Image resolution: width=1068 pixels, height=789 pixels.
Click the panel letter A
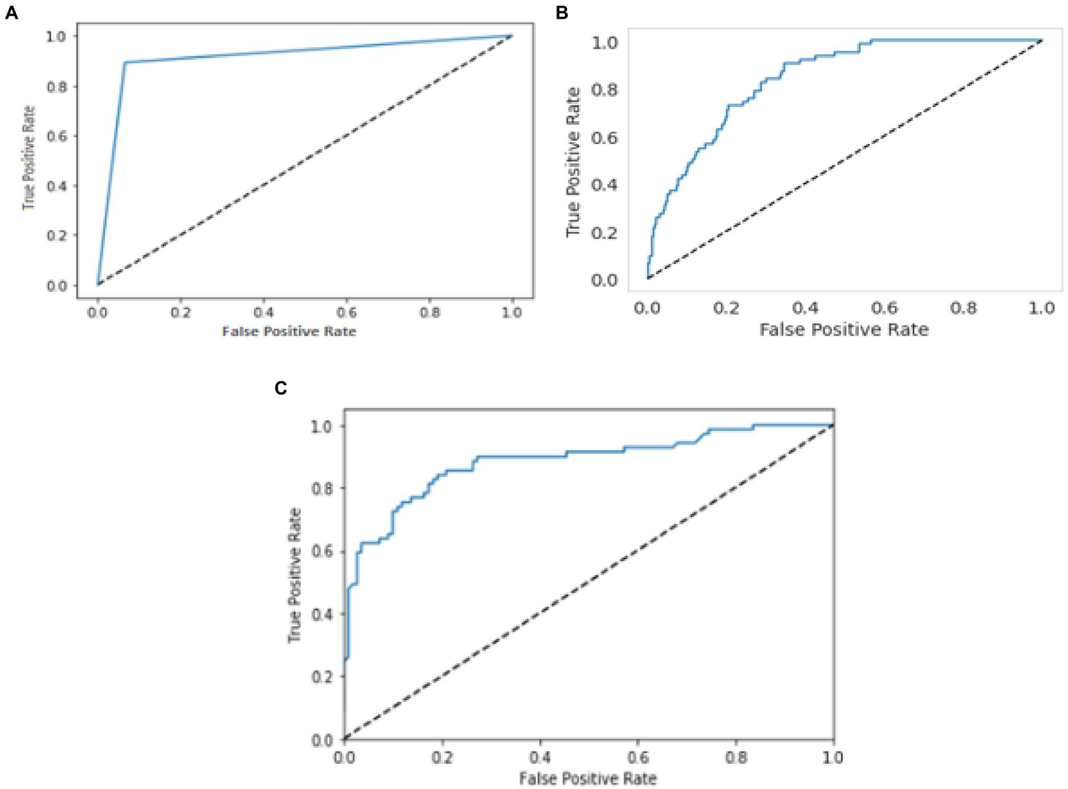coord(11,13)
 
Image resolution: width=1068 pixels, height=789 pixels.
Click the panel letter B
coord(562,13)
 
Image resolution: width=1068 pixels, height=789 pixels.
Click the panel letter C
coord(280,388)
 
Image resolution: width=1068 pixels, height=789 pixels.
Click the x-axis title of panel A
coord(289,332)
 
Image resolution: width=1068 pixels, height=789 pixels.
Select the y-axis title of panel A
coord(29,158)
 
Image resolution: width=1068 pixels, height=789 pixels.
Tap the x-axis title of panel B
coord(843,330)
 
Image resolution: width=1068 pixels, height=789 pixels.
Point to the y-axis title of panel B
coord(573,162)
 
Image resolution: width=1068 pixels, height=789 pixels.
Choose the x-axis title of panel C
coord(588,779)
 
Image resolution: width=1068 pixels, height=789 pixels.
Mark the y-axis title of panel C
coord(295,576)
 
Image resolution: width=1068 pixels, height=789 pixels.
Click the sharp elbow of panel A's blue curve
coord(125,63)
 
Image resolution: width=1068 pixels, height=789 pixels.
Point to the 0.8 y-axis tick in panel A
coord(57,87)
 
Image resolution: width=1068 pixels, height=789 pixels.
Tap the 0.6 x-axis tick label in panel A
coord(346,313)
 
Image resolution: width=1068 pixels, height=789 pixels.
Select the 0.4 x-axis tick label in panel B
coord(805,308)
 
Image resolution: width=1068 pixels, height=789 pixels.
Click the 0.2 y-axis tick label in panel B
coord(604,233)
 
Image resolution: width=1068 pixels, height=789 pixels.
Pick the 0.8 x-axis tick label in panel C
coord(735,757)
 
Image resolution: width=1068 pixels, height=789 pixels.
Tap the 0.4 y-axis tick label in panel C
coord(321,615)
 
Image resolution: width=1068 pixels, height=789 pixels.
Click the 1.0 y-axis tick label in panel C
coord(321,426)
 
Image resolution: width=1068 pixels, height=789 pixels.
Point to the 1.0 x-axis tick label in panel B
coord(1042,308)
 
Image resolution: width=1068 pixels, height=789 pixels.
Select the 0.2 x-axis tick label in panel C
coord(442,757)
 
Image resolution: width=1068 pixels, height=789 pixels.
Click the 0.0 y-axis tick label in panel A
coord(57,286)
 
